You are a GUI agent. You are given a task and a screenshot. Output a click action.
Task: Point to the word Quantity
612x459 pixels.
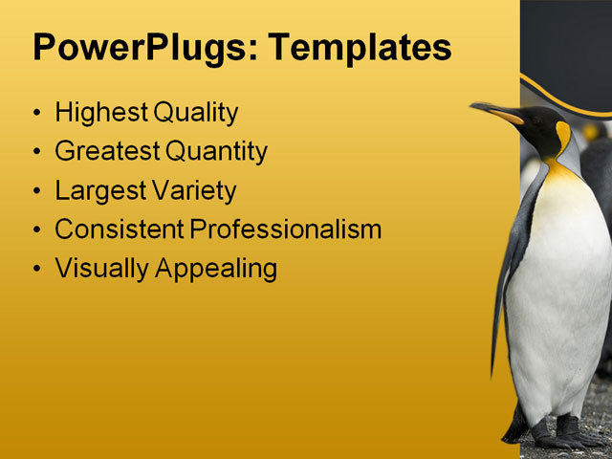coord(216,151)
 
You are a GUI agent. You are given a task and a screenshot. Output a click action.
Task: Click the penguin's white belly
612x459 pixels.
coord(559,287)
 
